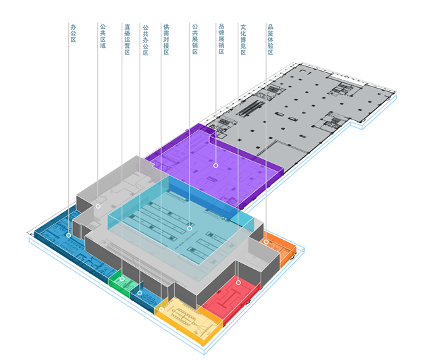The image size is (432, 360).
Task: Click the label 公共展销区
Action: tap(194, 40)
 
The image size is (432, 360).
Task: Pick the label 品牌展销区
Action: tap(221, 40)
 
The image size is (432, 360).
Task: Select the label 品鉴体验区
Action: tap(270, 40)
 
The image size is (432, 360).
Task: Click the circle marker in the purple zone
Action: tap(216, 165)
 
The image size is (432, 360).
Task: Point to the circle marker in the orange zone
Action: tap(266, 241)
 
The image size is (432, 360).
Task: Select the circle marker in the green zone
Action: tap(122, 279)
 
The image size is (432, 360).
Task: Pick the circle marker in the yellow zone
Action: tap(161, 309)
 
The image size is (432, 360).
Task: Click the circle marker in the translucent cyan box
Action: tap(190, 228)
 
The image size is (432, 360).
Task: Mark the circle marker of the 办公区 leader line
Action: tap(69, 235)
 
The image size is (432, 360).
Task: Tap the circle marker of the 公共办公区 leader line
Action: tap(140, 293)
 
